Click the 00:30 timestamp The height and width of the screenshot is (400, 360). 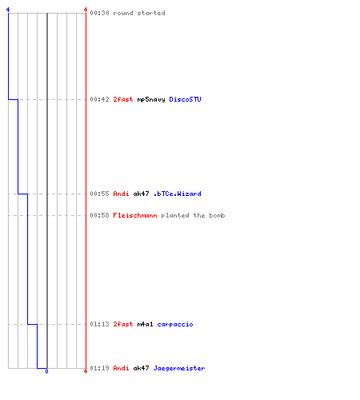coord(99,13)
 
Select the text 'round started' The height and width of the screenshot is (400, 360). coord(139,13)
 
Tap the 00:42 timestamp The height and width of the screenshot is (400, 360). coord(99,99)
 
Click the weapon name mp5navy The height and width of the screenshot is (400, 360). coord(151,100)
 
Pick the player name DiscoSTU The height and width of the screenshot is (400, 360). coord(185,99)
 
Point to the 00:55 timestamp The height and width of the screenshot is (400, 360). coord(99,194)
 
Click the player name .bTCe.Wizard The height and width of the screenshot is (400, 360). coord(178,194)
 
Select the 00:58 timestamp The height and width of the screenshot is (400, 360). coord(99,215)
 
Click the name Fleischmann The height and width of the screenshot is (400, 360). coord(135,215)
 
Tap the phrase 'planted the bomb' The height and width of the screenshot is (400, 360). coord(193,216)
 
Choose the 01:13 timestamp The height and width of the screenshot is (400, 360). coord(99,324)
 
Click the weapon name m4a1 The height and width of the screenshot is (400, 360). coord(146,324)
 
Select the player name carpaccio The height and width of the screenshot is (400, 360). coord(175,325)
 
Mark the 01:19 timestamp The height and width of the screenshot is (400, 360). coord(99,368)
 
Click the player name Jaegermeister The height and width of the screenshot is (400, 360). coord(179,369)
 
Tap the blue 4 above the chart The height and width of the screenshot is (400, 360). coord(8,10)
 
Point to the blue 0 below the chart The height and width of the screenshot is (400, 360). coord(46,371)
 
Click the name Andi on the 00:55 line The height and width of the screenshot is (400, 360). coord(122,194)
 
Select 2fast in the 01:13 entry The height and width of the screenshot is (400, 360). coord(123,324)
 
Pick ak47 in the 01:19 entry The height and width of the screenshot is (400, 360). coord(142,368)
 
